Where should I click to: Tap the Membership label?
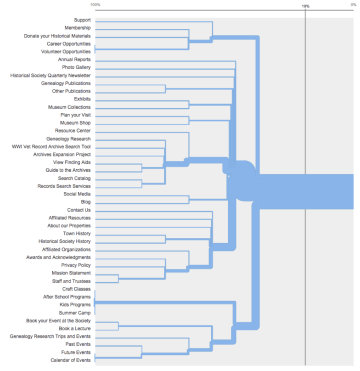pos(77,27)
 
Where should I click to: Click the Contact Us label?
pos(79,209)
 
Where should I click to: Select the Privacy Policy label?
pos(76,264)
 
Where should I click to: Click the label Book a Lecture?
pos(74,327)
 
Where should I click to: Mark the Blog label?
pos(85,201)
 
